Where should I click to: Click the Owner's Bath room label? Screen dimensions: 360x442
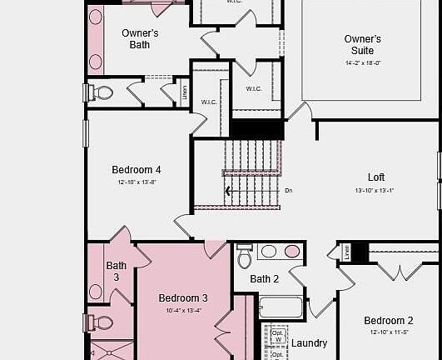[x=140, y=38]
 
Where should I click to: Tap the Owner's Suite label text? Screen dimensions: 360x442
[x=362, y=45]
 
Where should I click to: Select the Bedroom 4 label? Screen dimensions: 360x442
[x=137, y=170]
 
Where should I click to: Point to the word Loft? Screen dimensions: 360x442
[x=376, y=177]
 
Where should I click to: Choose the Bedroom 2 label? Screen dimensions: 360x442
[x=388, y=321]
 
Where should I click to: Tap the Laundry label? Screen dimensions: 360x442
[x=309, y=343]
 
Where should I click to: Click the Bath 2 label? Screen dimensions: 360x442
[x=265, y=279]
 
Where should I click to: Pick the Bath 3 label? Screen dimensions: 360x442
[x=117, y=272]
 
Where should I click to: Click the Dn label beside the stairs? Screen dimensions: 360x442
[x=289, y=191]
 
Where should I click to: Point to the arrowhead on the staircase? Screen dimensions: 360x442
[x=228, y=191]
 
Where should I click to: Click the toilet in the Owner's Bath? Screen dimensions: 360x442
[x=102, y=92]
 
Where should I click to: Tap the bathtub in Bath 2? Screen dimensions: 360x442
[x=281, y=307]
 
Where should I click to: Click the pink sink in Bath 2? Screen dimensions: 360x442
[x=292, y=251]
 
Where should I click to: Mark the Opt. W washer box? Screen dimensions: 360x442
[x=278, y=336]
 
